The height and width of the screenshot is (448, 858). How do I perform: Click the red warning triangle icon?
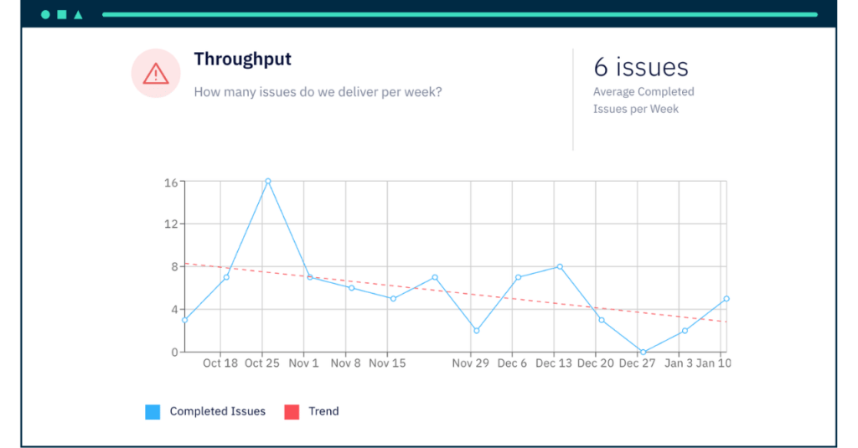click(156, 74)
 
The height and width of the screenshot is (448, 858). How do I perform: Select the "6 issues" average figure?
click(641, 67)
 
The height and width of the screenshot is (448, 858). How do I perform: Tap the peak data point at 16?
click(267, 181)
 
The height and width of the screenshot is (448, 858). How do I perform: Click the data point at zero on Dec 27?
click(643, 352)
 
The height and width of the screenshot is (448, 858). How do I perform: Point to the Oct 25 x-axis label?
click(262, 363)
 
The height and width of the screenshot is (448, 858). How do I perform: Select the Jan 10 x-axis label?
click(713, 363)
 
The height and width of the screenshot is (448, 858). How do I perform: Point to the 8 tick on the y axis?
click(174, 266)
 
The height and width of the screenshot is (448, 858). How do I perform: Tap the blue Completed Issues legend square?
click(152, 411)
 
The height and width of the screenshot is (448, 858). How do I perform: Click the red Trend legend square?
click(292, 411)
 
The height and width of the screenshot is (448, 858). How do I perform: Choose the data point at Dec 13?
click(559, 266)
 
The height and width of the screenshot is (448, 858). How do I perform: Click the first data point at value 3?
click(184, 320)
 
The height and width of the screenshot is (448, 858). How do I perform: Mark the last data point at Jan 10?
click(726, 298)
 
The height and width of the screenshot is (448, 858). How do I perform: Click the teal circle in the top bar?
click(45, 14)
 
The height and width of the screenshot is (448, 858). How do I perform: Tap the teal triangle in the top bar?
click(78, 14)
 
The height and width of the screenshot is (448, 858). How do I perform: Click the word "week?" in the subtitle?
click(422, 92)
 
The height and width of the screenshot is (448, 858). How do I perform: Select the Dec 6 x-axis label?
click(512, 363)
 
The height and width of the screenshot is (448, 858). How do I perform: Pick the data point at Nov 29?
click(476, 330)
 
